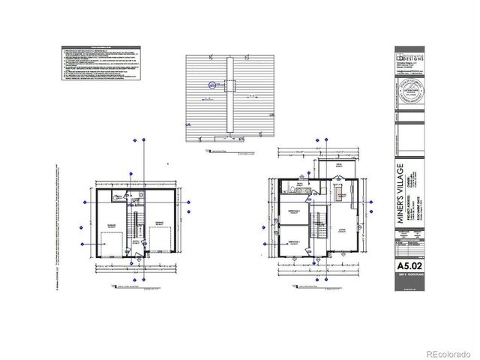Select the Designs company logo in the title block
(x=409, y=58)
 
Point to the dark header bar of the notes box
(x=100, y=47)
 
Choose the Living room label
(x=342, y=231)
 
